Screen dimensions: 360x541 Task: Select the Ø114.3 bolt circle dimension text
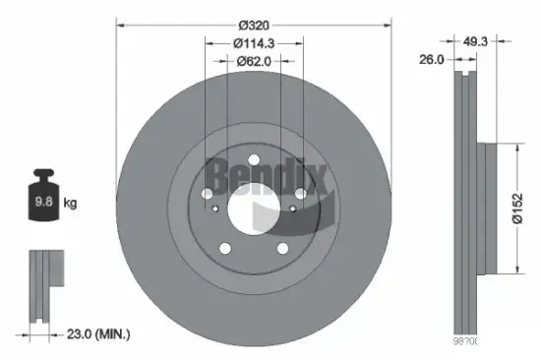254,42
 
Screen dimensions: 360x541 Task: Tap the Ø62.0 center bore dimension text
254,61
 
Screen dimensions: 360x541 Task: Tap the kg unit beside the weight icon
69,204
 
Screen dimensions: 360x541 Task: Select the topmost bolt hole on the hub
253,160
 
